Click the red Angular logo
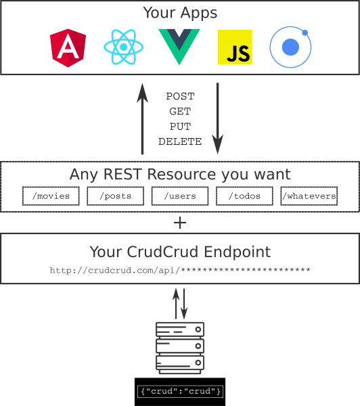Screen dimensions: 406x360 [x=67, y=47]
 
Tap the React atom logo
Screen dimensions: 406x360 [x=123, y=47]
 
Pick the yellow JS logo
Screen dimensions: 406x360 [x=235, y=47]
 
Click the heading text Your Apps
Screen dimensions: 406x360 [x=180, y=13]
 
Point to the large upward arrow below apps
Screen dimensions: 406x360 [x=142, y=118]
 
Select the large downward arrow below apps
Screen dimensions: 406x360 [x=217, y=118]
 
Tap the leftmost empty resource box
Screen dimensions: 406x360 [x=51, y=196]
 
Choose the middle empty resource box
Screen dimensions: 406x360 [x=180, y=196]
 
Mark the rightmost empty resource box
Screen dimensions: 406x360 [x=309, y=196]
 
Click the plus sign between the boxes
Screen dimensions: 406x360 [x=180, y=223]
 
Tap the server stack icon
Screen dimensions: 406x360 [x=180, y=348]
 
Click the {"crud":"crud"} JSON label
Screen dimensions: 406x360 [x=180, y=392]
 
